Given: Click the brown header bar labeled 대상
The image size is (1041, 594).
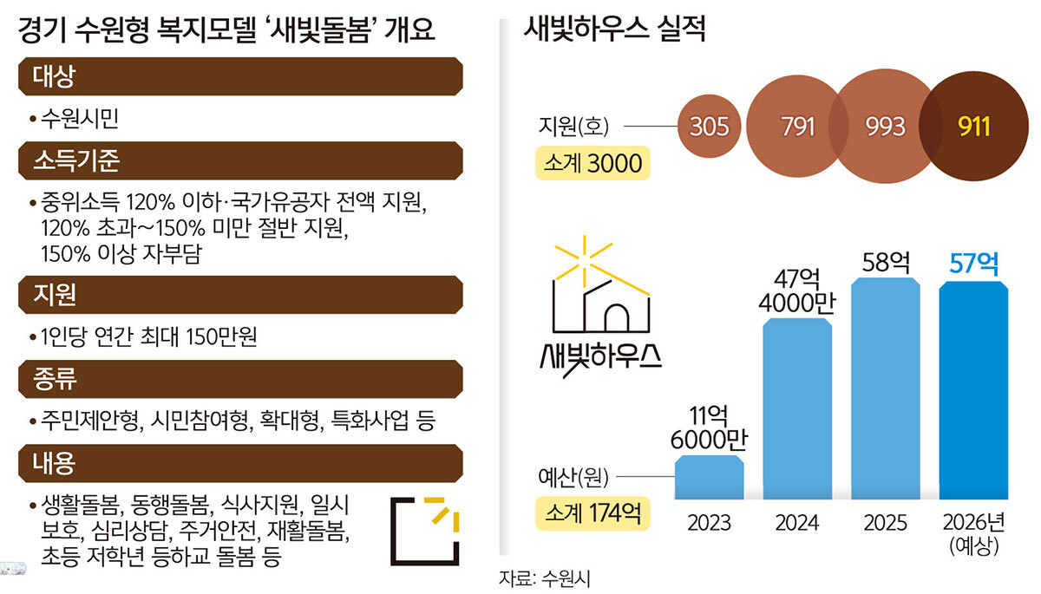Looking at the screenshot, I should (x=239, y=76).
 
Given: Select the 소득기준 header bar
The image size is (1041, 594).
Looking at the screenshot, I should (x=239, y=160).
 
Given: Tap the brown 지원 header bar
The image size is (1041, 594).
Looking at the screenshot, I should (x=239, y=295).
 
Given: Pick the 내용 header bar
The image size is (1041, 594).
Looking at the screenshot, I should (x=239, y=463).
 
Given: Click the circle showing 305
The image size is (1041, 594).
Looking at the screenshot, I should (x=709, y=127).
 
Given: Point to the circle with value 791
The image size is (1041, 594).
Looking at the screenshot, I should (x=794, y=127).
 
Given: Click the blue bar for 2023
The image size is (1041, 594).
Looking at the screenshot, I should (x=709, y=478).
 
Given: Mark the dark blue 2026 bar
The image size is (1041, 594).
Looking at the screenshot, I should (x=974, y=391).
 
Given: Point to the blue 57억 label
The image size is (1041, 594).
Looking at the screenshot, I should (x=974, y=262).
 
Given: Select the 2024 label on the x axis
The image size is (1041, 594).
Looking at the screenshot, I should (x=797, y=523).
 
